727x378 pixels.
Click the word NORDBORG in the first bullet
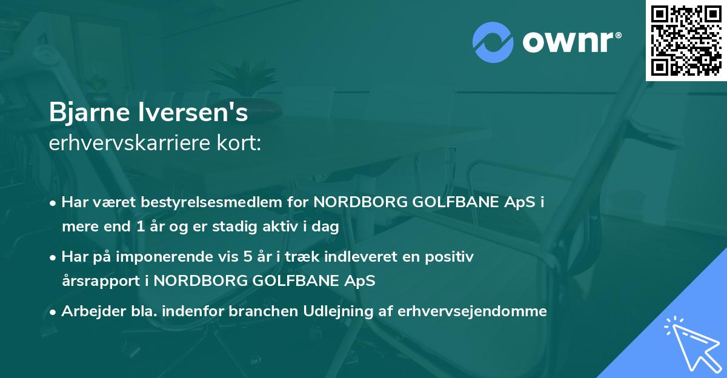(x=358, y=202)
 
